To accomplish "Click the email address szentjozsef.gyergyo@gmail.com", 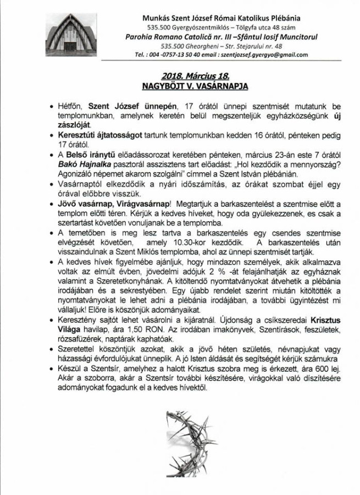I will point(264,55).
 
